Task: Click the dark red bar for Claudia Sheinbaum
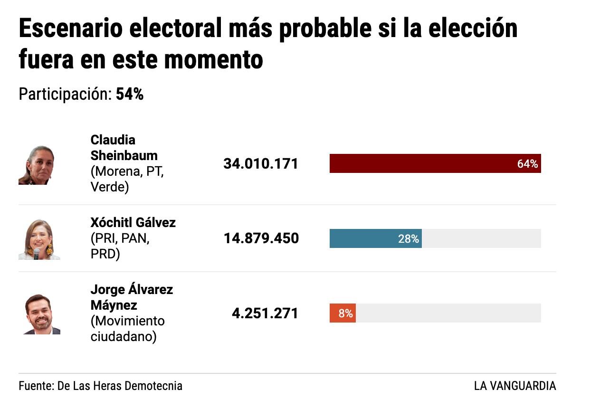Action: [418, 164]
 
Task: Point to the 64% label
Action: [527, 164]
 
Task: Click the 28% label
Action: [409, 239]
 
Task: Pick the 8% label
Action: [345, 313]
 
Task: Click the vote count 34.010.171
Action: [261, 164]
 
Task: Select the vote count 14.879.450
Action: [261, 238]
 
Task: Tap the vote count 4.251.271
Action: [265, 313]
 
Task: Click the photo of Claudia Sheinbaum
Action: [37, 165]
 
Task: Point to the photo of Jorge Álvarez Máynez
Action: [41, 314]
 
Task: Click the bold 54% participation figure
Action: [130, 95]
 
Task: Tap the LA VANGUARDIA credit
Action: [514, 386]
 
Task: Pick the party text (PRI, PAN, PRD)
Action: [120, 247]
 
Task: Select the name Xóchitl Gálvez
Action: [133, 222]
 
